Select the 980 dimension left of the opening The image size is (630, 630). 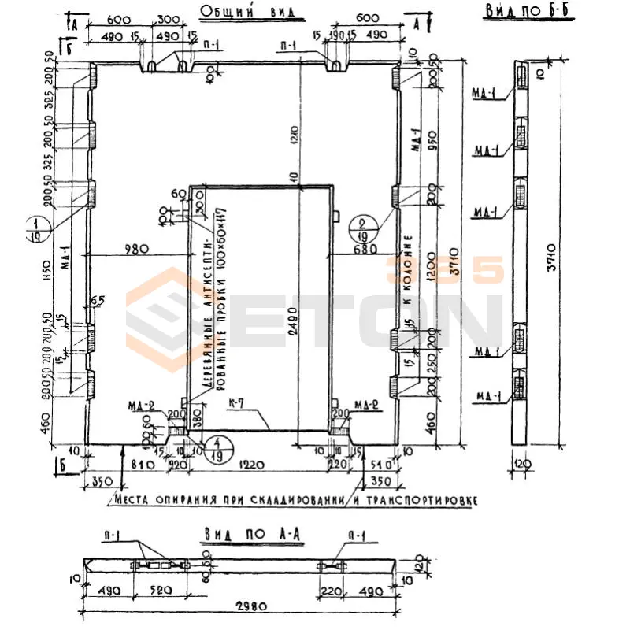136,250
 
